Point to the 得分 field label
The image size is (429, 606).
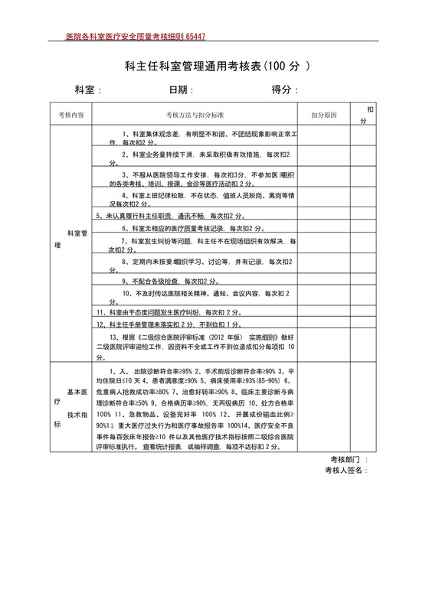click(284, 90)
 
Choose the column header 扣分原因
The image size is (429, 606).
click(323, 114)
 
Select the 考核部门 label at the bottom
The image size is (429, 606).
click(344, 459)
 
